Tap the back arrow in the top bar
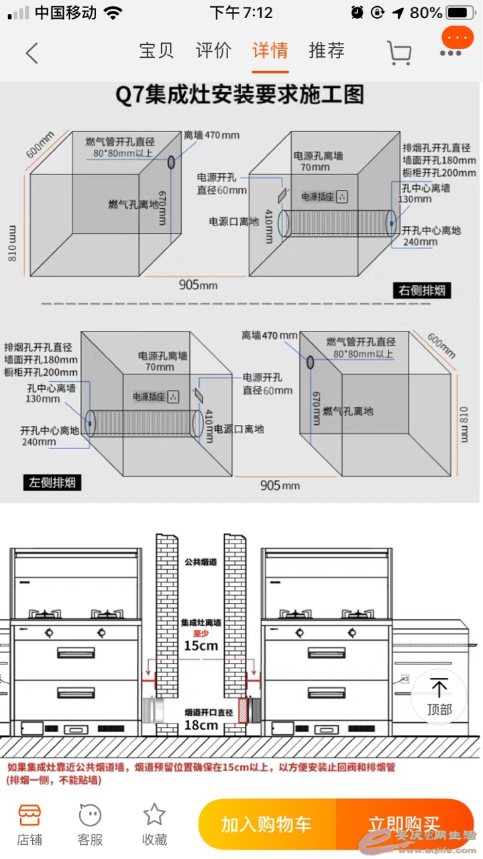pos(32,52)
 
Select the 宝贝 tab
pos(156,50)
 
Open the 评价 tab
pos(213,50)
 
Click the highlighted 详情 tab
pos(270,50)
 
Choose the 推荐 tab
pos(327,50)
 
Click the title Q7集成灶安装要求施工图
pos(240,95)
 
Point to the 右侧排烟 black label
pos(421,291)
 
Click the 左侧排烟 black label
pos(52,482)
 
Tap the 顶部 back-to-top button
pos(439,695)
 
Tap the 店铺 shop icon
pos(30,815)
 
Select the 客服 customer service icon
pos(91,815)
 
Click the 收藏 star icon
pos(154,815)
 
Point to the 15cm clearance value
pos(201,646)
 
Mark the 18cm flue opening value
pos(201,725)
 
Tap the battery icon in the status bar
pos(460,13)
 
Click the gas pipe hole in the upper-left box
pos(171,162)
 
